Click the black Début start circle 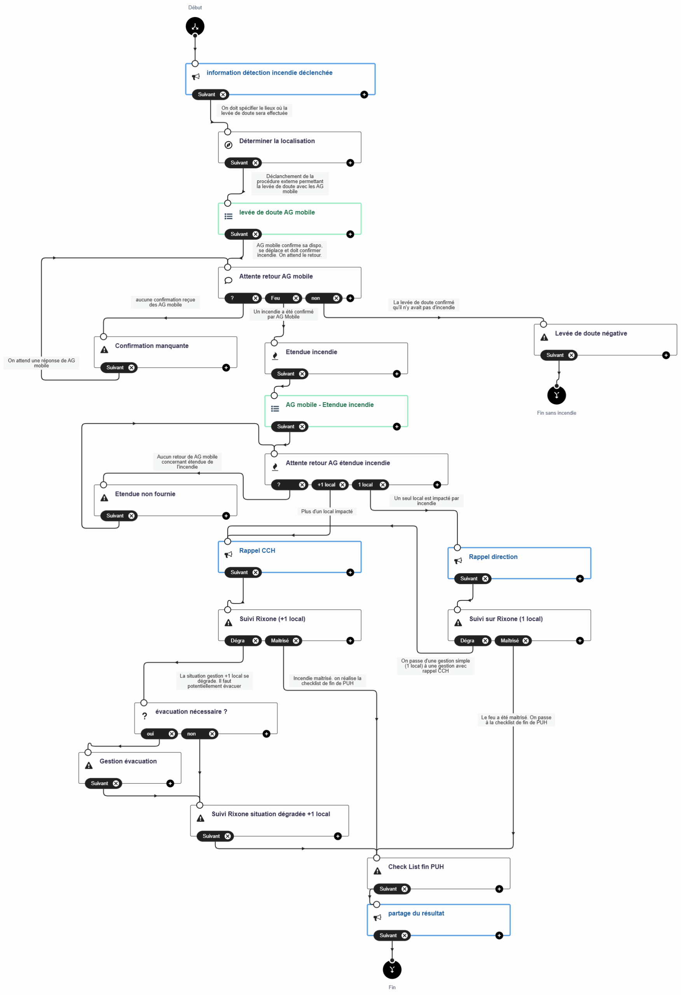[x=195, y=26]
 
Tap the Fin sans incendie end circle [x=556, y=395]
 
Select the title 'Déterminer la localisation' [x=277, y=141]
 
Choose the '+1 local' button [x=327, y=485]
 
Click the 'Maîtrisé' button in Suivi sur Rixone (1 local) [x=509, y=641]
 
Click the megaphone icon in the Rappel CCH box [x=228, y=555]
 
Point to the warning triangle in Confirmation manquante [x=104, y=350]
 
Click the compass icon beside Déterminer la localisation [x=228, y=145]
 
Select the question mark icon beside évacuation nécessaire [x=144, y=716]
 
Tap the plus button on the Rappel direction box [x=580, y=578]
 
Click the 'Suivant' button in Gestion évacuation [x=100, y=783]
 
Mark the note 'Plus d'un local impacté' [x=327, y=511]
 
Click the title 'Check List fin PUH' [x=416, y=867]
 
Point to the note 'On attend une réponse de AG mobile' [x=41, y=363]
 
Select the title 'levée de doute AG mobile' [x=277, y=212]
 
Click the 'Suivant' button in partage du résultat [x=388, y=936]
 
